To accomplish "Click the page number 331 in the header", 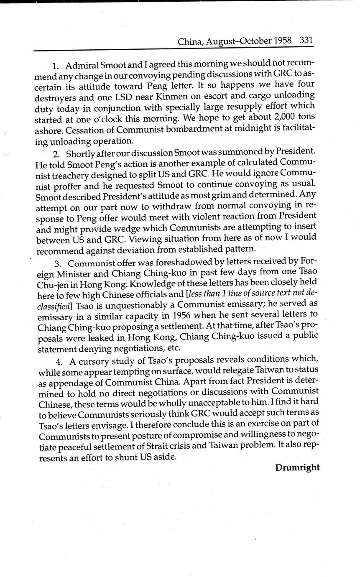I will click(x=306, y=41).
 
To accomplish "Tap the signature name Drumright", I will click(x=297, y=467).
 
